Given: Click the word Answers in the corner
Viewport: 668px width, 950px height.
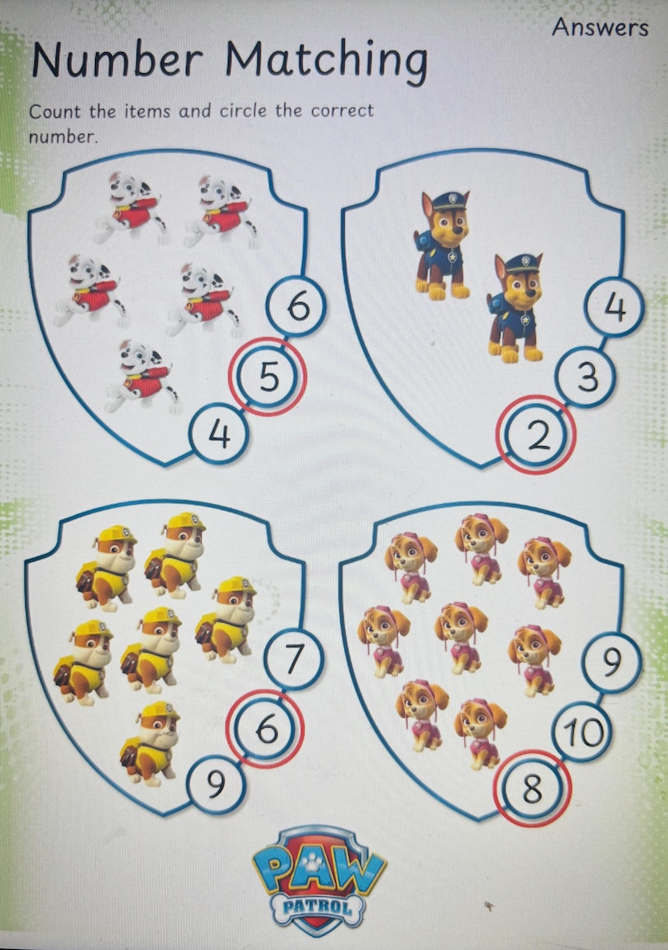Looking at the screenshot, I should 600,27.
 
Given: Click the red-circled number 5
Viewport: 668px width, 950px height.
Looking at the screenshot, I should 268,377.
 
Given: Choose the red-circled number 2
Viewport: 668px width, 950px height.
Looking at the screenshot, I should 536,435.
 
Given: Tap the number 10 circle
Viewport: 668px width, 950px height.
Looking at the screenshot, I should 583,733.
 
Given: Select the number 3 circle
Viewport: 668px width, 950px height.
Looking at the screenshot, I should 587,378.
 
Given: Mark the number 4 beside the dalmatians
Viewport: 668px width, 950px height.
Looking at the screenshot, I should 219,435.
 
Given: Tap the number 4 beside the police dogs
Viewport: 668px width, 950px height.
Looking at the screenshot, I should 615,308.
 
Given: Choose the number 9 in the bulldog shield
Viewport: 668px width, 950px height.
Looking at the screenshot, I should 216,784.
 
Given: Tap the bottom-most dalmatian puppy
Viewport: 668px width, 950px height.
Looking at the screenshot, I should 144,376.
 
